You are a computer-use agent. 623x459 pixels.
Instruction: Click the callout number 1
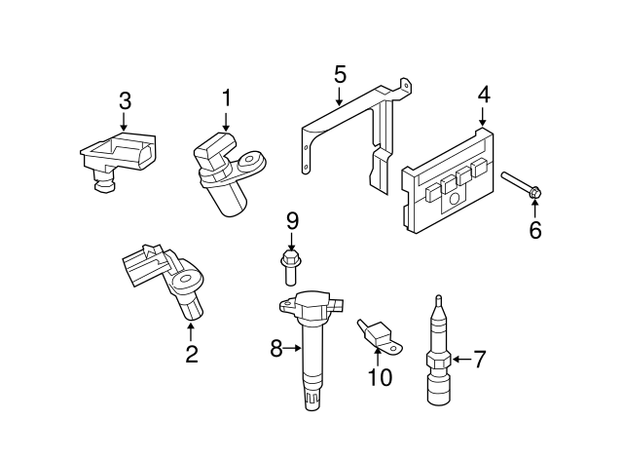click(226, 97)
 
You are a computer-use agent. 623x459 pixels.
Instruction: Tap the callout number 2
click(191, 355)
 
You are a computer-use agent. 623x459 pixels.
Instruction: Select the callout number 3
click(125, 100)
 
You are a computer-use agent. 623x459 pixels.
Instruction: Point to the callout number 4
click(484, 96)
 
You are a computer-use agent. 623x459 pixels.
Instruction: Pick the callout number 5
click(339, 73)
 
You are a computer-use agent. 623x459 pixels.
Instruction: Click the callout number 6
click(534, 231)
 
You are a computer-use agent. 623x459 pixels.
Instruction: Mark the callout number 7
click(478, 360)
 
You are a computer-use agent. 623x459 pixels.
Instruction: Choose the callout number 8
click(275, 347)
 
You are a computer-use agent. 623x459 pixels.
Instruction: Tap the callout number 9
click(291, 221)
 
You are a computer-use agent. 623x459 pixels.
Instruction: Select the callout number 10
click(380, 377)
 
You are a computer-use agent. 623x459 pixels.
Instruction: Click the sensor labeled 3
click(114, 156)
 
